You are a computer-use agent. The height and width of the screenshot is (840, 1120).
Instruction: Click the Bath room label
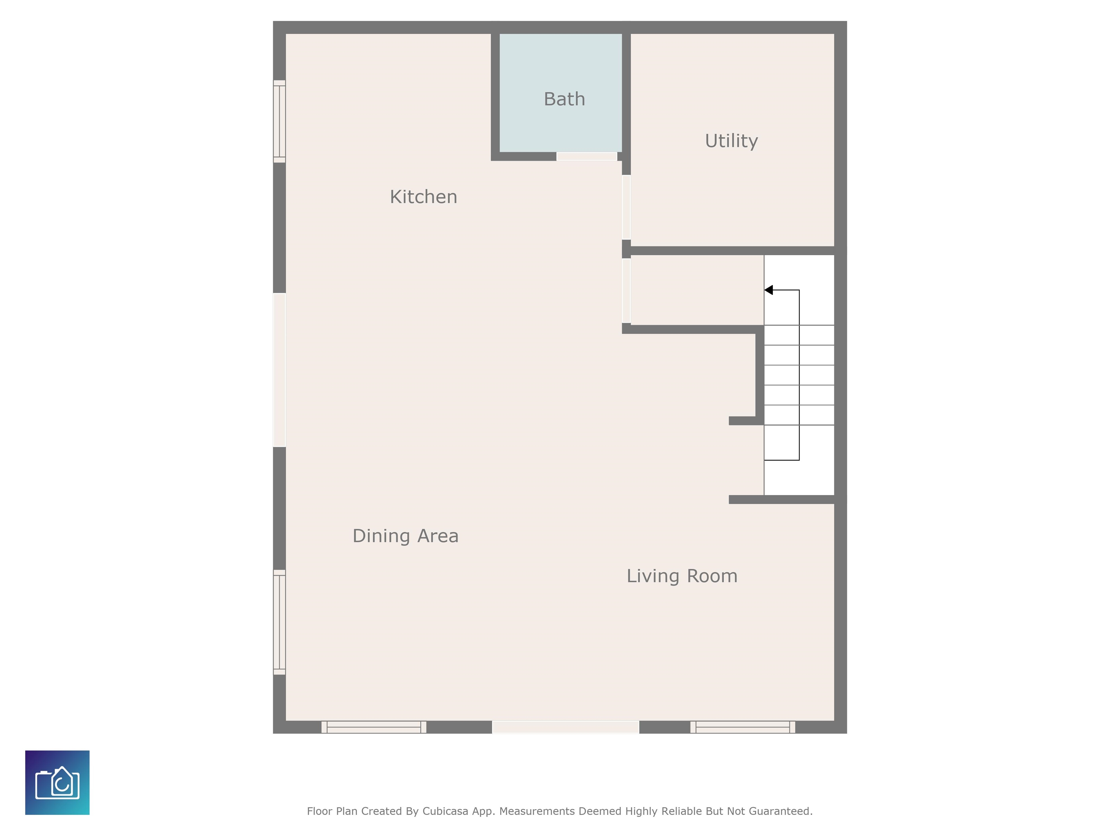click(564, 99)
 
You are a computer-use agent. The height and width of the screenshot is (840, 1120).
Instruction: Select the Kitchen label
click(423, 197)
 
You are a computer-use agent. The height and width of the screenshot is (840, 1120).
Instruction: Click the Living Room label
click(682, 576)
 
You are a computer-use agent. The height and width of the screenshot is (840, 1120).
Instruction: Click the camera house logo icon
click(57, 782)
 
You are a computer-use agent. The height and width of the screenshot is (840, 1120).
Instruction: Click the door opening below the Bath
click(587, 156)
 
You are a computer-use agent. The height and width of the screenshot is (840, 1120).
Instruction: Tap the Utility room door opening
click(626, 207)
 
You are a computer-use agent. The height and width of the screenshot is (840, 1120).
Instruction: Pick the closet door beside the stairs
click(626, 291)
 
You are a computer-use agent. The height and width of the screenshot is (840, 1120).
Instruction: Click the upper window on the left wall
click(280, 121)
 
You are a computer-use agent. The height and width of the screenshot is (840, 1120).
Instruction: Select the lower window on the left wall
click(280, 622)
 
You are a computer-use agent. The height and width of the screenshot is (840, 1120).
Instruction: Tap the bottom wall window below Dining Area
click(374, 727)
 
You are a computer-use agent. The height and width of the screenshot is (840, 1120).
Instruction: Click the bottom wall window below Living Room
click(743, 727)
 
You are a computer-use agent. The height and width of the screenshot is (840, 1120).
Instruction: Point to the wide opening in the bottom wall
click(565, 727)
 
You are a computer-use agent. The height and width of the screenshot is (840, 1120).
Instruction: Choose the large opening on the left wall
click(280, 370)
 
